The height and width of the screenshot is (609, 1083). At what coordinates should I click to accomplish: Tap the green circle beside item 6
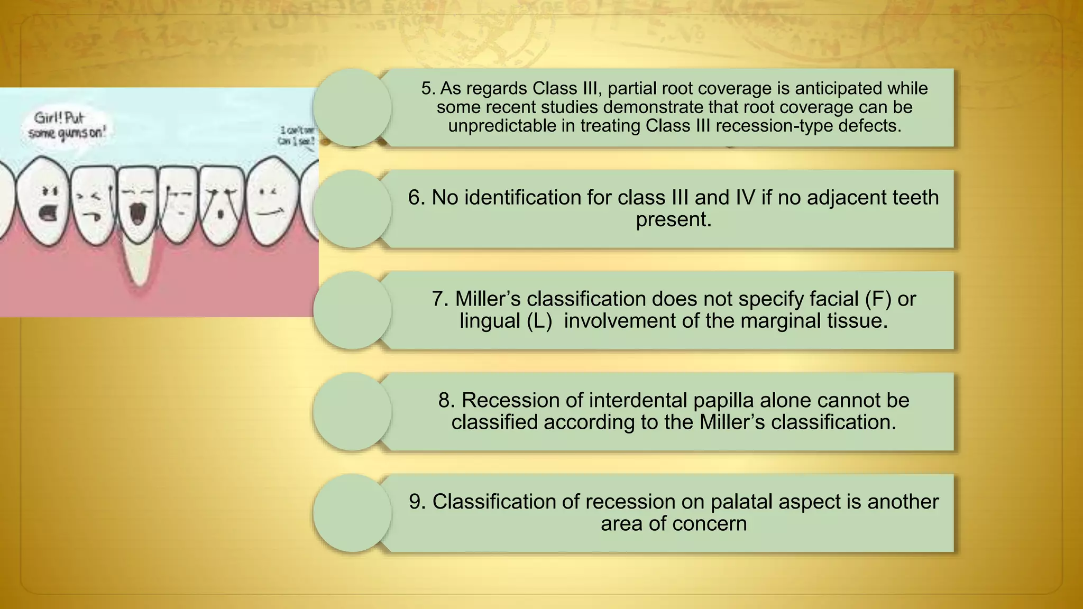[352, 209]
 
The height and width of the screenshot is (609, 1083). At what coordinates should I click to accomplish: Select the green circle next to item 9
[352, 513]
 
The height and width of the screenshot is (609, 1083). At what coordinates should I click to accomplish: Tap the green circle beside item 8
[352, 411]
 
